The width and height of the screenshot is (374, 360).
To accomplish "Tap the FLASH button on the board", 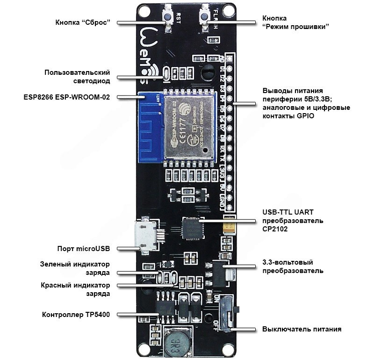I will [204, 18].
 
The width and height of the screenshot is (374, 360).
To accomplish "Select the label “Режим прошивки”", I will [295, 26].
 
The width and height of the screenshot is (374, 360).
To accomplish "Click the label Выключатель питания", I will [302, 329].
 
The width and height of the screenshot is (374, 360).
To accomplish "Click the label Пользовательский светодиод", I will [77, 77].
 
